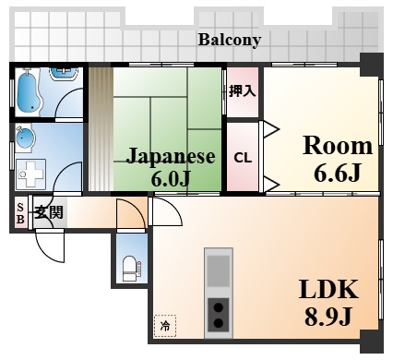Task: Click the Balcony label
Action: click(x=230, y=41)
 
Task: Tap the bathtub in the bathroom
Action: click(x=29, y=93)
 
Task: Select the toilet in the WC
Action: click(x=130, y=269)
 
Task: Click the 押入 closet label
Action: click(x=243, y=90)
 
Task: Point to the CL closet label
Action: click(x=243, y=158)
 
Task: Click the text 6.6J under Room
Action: click(x=337, y=173)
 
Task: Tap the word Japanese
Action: click(x=171, y=156)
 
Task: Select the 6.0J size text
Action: click(x=170, y=177)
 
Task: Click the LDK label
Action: click(x=328, y=289)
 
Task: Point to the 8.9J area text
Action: click(x=327, y=317)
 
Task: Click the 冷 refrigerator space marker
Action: click(x=165, y=326)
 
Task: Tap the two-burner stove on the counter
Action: click(x=219, y=314)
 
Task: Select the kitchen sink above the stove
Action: click(x=219, y=270)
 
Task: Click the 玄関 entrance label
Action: click(x=49, y=212)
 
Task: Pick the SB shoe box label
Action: click(x=20, y=213)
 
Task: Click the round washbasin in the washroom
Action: click(x=24, y=139)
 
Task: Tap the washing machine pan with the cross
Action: click(x=30, y=174)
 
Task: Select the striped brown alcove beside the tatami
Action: click(x=101, y=129)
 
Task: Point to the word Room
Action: click(x=338, y=146)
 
